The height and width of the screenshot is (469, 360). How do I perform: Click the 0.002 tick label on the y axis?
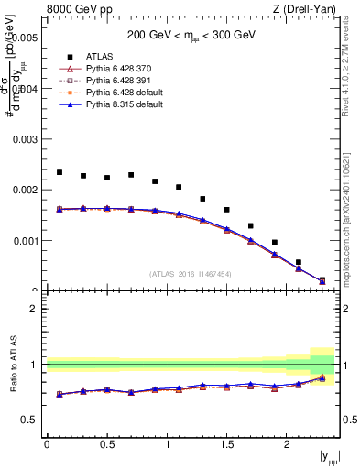click(x=26, y=191)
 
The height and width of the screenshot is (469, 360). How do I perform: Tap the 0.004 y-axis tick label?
click(x=26, y=89)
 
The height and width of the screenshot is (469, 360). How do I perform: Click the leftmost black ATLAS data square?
click(x=60, y=172)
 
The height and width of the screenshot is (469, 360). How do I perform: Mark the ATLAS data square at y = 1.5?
click(x=226, y=210)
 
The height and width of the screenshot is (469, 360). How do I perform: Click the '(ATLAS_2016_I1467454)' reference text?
click(x=191, y=274)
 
